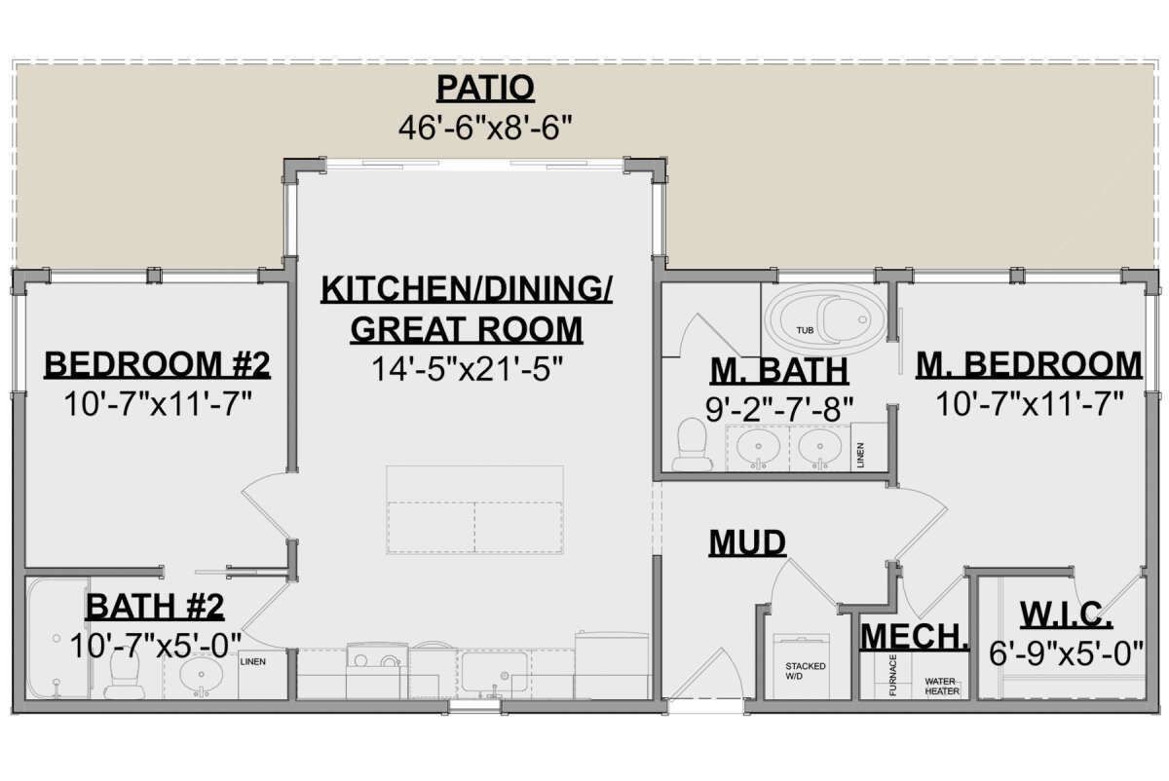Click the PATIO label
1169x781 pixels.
[x=485, y=88]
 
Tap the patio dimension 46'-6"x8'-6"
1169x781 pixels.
[x=484, y=127]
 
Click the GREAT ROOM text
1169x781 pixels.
[x=466, y=330]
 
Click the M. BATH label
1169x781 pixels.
[x=778, y=371]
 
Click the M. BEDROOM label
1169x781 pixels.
[x=1029, y=365]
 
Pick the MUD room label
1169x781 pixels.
[x=747, y=542]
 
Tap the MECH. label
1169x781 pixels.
[x=915, y=637]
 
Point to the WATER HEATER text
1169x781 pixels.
[x=941, y=688]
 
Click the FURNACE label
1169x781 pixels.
[x=892, y=676]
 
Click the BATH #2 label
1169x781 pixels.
[x=155, y=608]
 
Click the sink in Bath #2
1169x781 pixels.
[x=203, y=673]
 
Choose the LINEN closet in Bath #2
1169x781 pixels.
[x=252, y=662]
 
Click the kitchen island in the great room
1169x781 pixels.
[x=474, y=509]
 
